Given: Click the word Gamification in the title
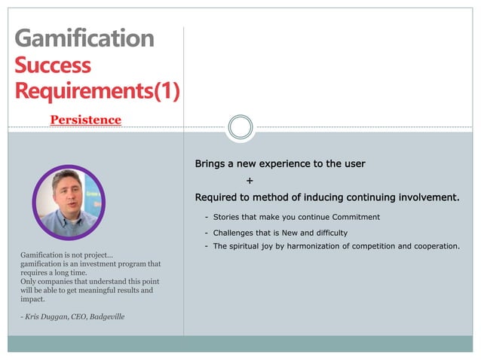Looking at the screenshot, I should [x=84, y=39].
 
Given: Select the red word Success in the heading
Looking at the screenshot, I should [x=53, y=66].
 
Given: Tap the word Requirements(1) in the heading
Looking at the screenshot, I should [x=97, y=92].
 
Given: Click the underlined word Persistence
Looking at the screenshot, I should [x=85, y=120].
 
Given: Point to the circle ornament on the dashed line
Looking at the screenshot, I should [x=240, y=127].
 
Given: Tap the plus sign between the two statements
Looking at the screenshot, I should [x=250, y=181].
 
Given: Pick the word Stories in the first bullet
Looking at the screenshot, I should [x=228, y=217].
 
